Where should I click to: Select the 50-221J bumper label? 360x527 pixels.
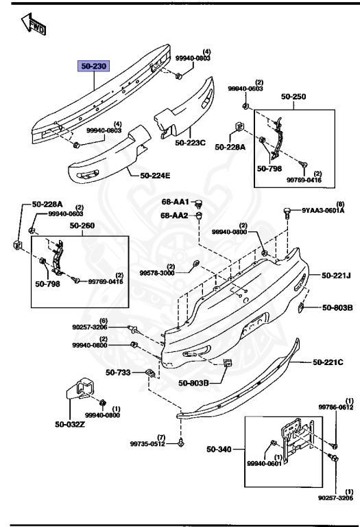[336, 277]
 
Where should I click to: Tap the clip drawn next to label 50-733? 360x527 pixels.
[148, 373]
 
